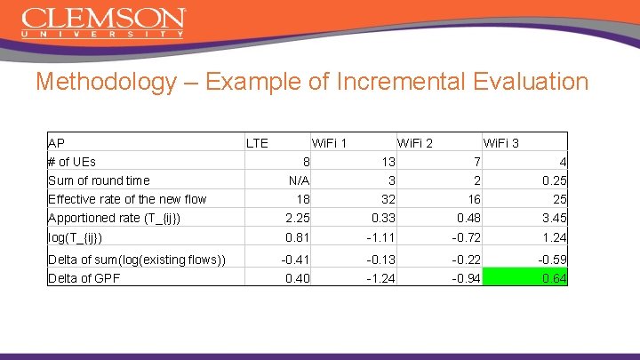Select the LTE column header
[x=257, y=142]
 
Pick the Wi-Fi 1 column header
[x=329, y=142]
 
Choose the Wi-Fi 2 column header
[x=415, y=142]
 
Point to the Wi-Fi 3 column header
[x=501, y=142]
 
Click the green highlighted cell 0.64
[x=554, y=278]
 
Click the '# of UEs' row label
[x=72, y=162]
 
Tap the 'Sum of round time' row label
[x=99, y=180]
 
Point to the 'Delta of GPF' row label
[x=84, y=278]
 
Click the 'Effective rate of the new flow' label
[x=127, y=199]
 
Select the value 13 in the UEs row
[x=387, y=162]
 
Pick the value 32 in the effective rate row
[x=387, y=199]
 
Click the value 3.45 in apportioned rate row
[x=554, y=218]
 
